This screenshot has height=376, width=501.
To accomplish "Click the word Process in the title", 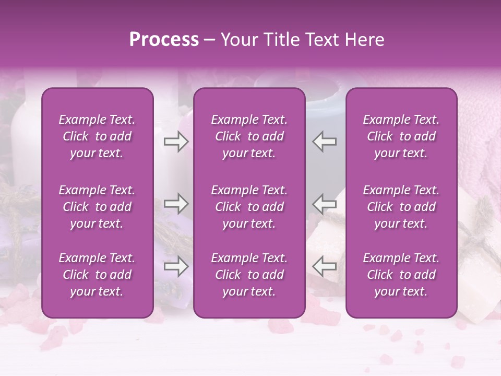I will [x=164, y=40].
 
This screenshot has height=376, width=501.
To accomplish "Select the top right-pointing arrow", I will [x=176, y=142].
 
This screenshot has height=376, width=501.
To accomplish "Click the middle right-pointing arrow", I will [x=176, y=204].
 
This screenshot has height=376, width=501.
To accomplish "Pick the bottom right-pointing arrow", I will [x=176, y=267].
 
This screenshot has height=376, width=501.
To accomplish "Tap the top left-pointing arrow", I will [x=325, y=142].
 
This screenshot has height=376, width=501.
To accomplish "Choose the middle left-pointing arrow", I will [x=325, y=204].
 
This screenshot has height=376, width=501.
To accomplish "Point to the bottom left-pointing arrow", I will [x=325, y=267].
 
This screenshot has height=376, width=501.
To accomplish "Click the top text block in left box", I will [x=97, y=136].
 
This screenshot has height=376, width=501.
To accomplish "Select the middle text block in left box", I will [x=97, y=207].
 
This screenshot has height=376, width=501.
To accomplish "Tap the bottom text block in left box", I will [x=97, y=275].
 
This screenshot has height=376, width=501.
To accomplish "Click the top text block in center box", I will [x=249, y=136].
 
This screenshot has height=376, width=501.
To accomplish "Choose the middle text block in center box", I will [x=249, y=207].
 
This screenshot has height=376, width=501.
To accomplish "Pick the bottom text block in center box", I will [x=249, y=275].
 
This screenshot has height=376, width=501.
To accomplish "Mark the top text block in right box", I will [x=401, y=136].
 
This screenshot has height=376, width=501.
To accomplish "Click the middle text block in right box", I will [x=401, y=207].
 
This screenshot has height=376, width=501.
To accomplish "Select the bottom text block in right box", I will [x=401, y=275].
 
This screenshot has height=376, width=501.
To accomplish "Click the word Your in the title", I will [x=238, y=40].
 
